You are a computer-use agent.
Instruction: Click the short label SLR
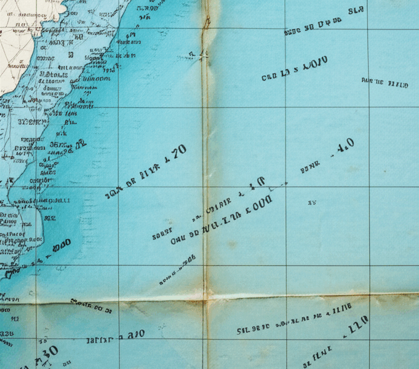(356, 10)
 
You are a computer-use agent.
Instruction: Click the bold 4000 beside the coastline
(60, 245)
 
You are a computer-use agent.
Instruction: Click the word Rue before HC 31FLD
(367, 81)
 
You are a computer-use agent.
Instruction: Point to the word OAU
(178, 239)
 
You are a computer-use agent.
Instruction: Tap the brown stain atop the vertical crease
(211, 12)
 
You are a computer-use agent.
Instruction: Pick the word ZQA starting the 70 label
(112, 194)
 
